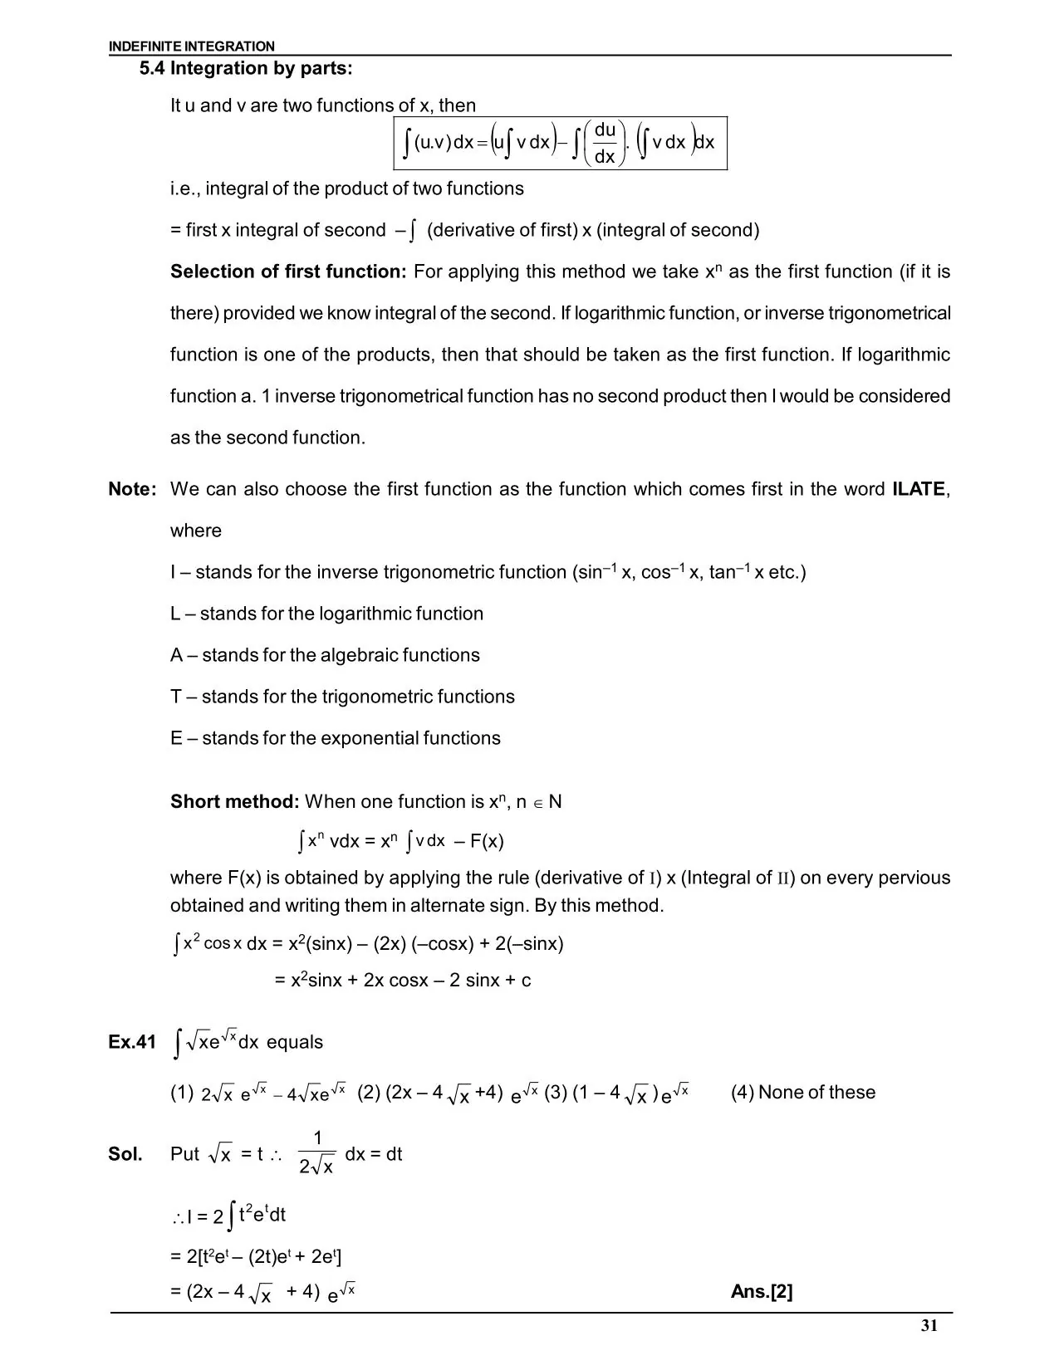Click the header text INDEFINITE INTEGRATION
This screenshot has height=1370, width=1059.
point(191,46)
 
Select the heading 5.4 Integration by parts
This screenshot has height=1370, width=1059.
point(246,69)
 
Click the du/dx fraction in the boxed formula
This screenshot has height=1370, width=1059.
point(605,143)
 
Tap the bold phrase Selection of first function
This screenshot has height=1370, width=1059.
point(287,272)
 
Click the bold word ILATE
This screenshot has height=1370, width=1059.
point(919,489)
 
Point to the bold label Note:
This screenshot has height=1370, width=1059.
point(132,489)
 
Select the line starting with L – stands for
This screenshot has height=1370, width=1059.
point(326,614)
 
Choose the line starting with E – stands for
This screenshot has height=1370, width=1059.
point(335,738)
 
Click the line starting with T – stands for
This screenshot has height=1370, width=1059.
point(342,697)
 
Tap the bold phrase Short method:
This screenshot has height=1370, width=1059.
point(234,801)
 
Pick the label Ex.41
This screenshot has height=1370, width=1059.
point(132,1042)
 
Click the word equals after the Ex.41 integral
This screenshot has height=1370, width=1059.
point(295,1042)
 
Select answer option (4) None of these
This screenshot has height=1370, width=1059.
point(802,1093)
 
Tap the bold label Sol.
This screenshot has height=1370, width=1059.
point(125,1154)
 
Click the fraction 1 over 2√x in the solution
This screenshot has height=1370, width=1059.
point(316,1152)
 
